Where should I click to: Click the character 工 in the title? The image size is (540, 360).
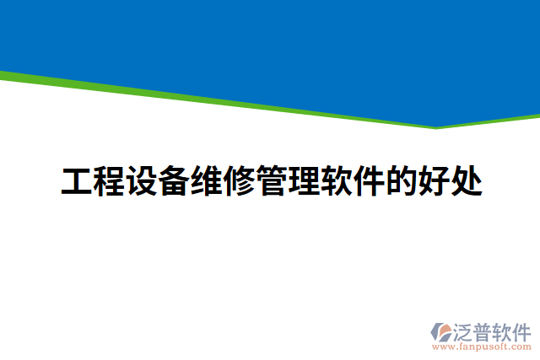(77, 181)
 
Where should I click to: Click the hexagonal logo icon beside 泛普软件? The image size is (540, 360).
(440, 330)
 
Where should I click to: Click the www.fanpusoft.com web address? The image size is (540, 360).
(482, 346)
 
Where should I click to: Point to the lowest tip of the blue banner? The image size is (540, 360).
(435, 126)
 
